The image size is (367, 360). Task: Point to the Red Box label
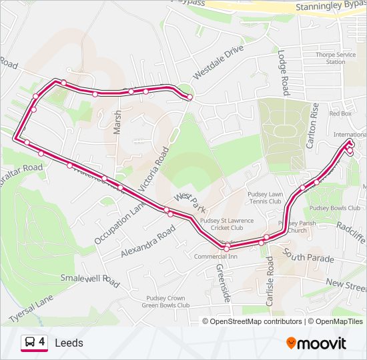coord(340,113)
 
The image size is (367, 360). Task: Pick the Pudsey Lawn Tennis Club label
coord(275,197)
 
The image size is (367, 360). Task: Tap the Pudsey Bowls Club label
coord(334,208)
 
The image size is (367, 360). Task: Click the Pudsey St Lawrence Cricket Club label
coord(228,223)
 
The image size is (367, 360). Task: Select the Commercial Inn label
coord(216,256)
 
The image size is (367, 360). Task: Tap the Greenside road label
coord(222,283)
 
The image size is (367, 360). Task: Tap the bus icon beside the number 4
coord(30,342)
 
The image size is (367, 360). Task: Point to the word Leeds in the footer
coord(69,343)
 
